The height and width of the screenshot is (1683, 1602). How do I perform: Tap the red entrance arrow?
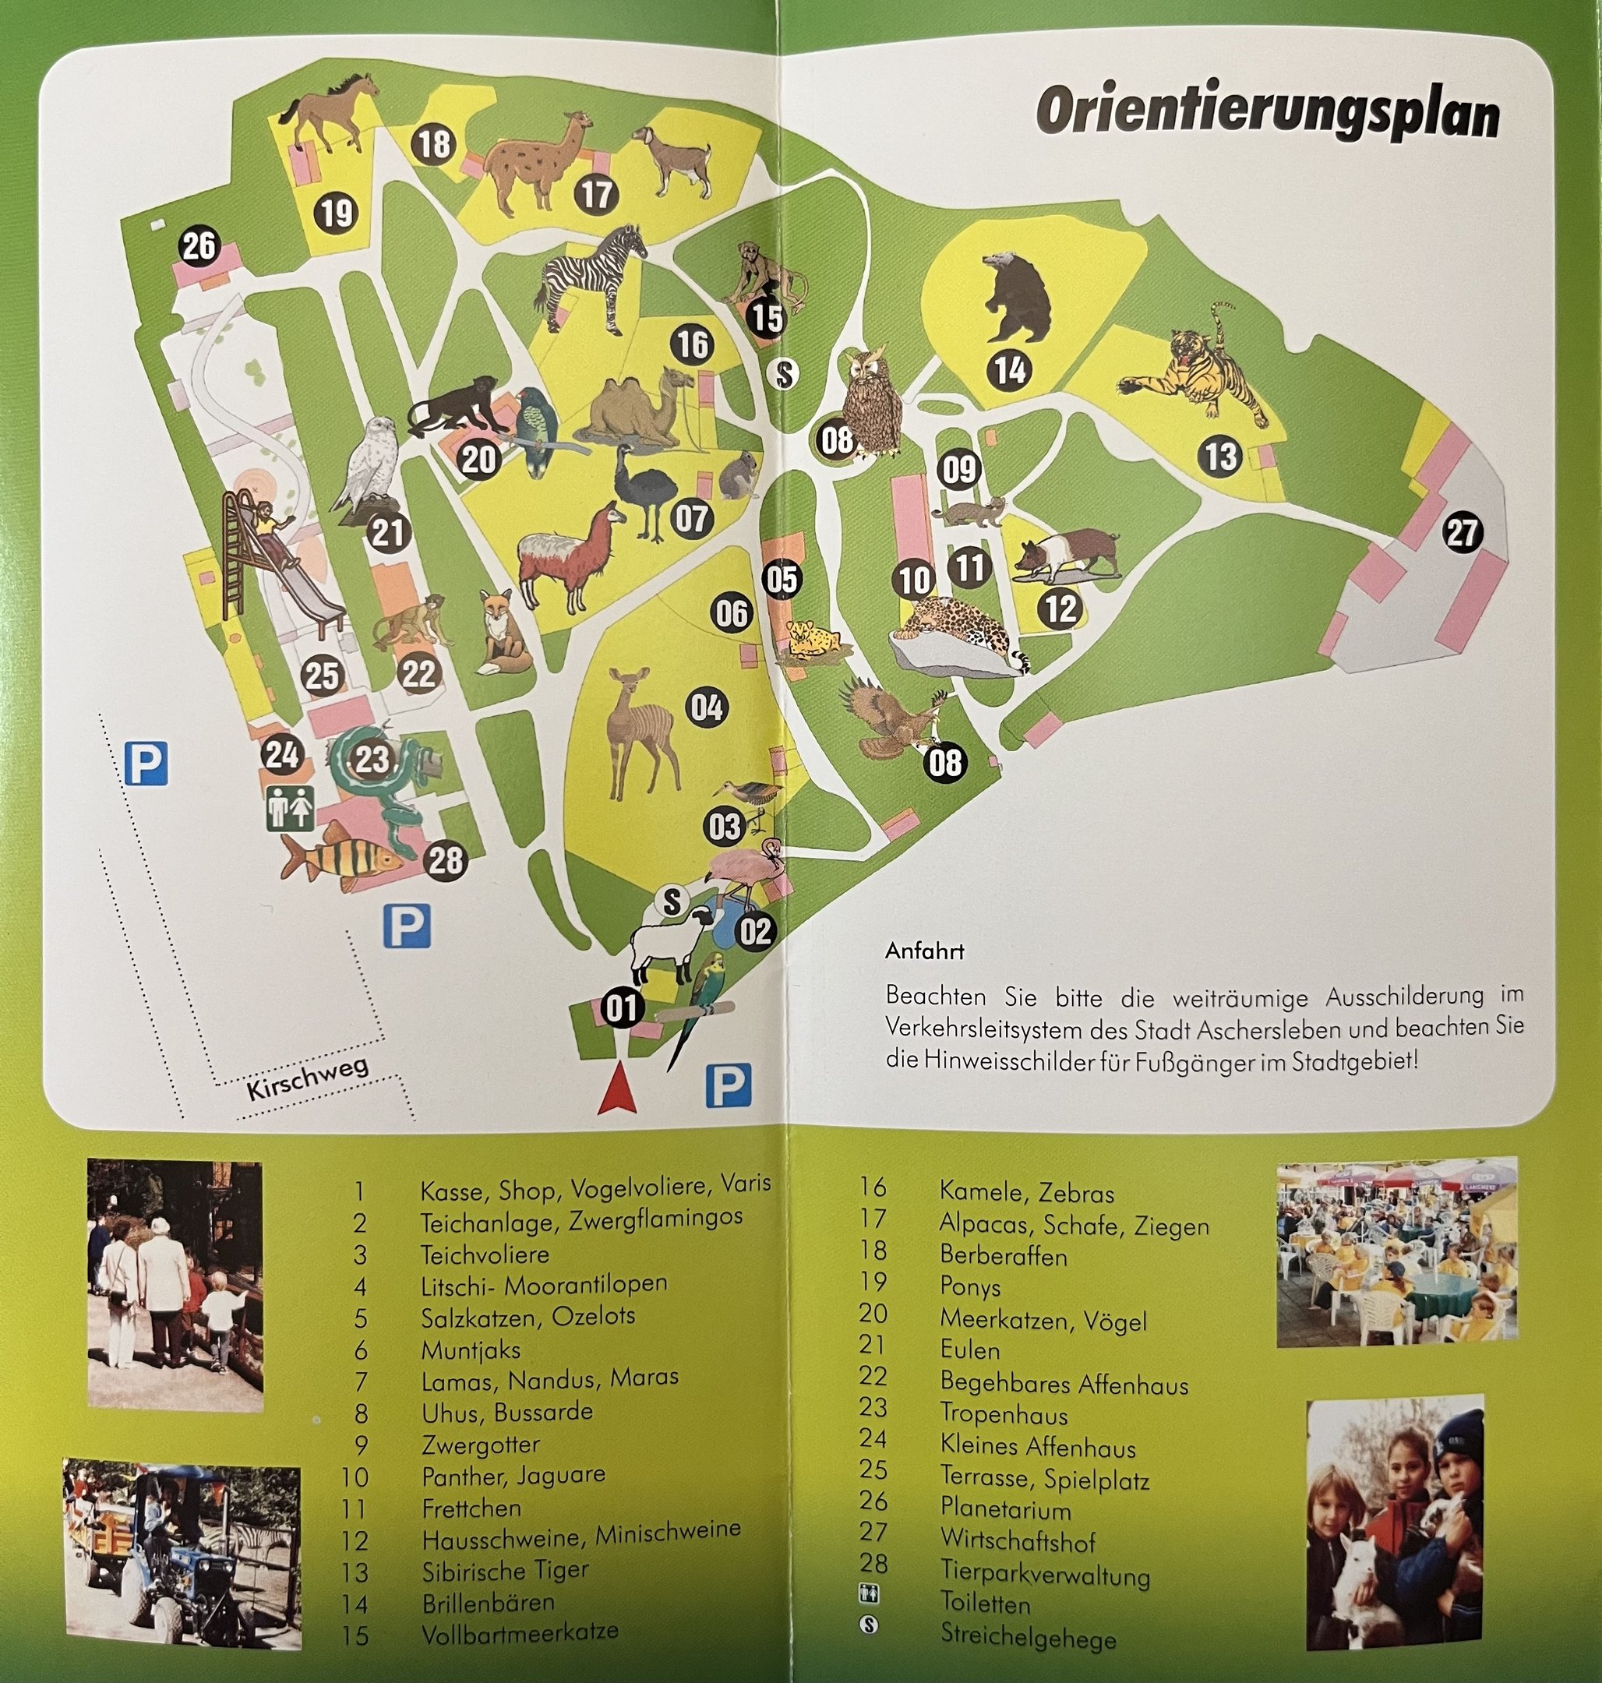click(x=617, y=1094)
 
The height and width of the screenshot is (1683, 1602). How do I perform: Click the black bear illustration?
click(x=1017, y=295)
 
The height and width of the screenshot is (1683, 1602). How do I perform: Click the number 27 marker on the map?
click(x=1461, y=533)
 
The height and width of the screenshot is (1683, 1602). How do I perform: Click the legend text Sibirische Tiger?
click(x=505, y=1570)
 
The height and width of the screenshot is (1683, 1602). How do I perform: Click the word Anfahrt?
click(x=925, y=951)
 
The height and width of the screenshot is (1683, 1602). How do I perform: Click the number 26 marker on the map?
click(x=199, y=246)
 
